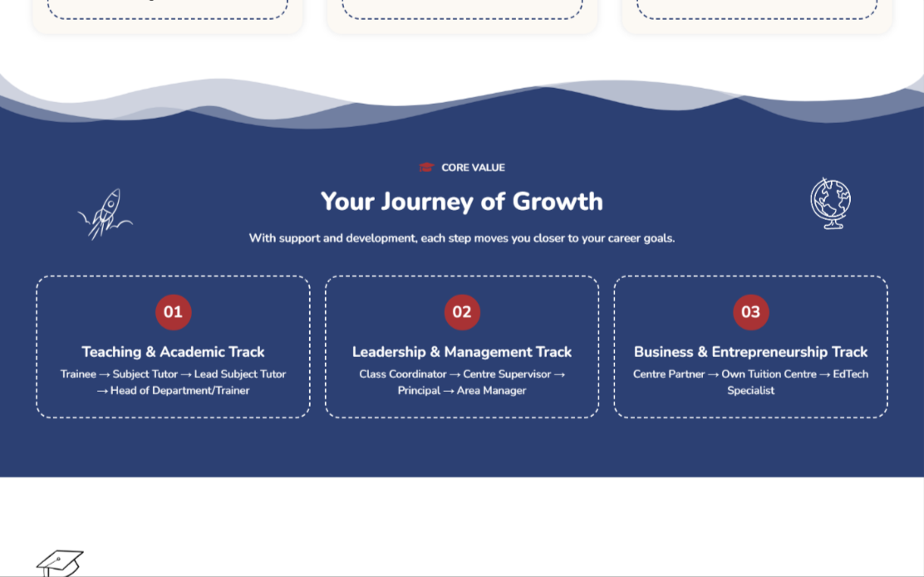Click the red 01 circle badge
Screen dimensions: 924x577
(x=173, y=312)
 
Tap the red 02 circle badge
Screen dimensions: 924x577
(x=462, y=312)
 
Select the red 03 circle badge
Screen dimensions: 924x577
(x=751, y=312)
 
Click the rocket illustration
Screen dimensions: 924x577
(x=105, y=213)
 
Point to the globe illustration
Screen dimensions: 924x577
(x=830, y=203)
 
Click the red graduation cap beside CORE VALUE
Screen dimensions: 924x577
(x=426, y=167)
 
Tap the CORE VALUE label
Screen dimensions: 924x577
(x=473, y=168)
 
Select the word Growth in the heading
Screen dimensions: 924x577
(x=558, y=202)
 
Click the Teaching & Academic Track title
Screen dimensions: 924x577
(x=173, y=351)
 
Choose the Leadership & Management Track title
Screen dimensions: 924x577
(x=462, y=351)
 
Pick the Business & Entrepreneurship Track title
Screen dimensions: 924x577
(x=751, y=351)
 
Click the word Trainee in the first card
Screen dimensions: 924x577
(x=78, y=374)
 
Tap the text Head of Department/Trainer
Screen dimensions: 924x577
(x=179, y=390)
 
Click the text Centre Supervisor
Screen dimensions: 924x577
(x=507, y=374)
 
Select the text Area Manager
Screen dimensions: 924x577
(x=491, y=390)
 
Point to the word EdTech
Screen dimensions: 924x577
(x=850, y=374)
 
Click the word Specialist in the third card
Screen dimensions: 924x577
(x=751, y=390)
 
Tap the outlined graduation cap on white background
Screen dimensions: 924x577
(x=60, y=564)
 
